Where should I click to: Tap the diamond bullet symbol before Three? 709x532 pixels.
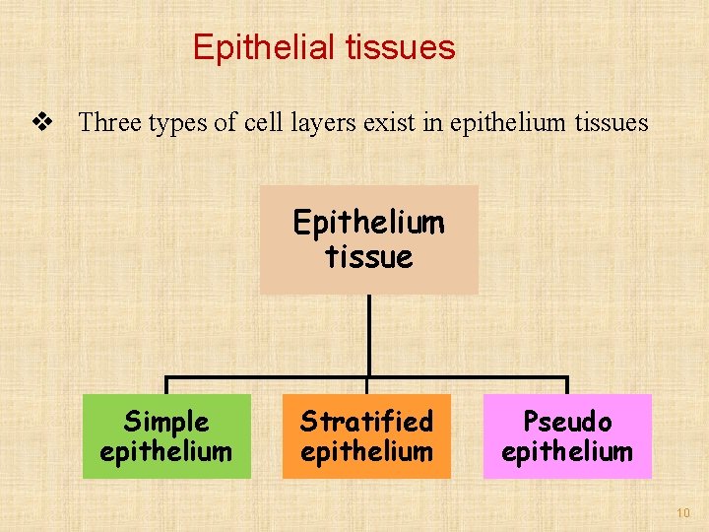41,122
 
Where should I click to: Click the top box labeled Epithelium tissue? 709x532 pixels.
368,239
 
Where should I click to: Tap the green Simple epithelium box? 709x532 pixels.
166,436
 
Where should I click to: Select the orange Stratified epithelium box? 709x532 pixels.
366,436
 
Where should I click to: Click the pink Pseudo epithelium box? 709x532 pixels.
567,436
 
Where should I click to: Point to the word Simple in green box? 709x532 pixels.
166,422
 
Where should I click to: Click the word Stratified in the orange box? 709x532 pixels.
366,422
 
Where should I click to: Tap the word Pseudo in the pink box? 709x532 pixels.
567,422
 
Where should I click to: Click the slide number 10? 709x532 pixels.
683,513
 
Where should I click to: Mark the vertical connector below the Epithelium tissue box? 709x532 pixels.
368,335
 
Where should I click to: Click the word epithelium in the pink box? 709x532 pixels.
567,452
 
